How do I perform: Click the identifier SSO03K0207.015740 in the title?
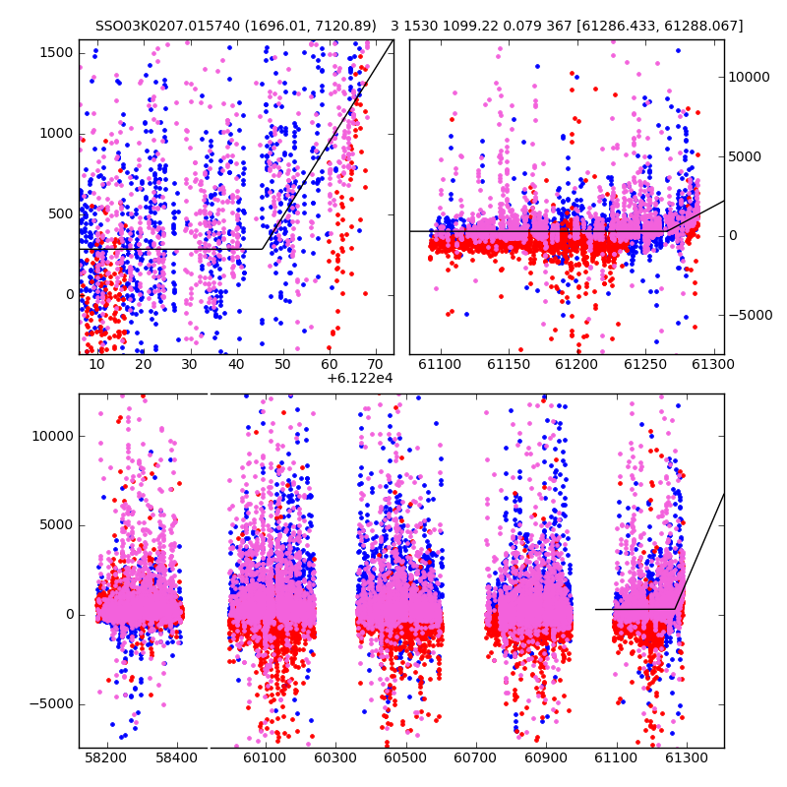pos(167,26)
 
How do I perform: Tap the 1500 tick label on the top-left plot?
pos(57,53)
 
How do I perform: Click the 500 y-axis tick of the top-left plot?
pos(61,214)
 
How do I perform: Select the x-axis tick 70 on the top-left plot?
pos(376,364)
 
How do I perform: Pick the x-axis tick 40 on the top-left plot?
pos(236,364)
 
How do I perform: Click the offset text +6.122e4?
pos(360,378)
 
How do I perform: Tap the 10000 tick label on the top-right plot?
pos(749,77)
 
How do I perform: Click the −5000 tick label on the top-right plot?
pos(751,315)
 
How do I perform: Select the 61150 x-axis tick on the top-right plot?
pos(509,364)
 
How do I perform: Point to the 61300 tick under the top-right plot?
pos(712,364)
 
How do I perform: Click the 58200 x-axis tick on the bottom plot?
pos(106,757)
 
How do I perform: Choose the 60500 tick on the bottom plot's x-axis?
pos(405,757)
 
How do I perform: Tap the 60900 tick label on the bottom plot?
pos(546,757)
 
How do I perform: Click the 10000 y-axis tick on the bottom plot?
pos(53,436)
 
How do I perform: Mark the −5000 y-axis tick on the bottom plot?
pos(51,704)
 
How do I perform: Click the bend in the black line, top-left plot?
pos(262,249)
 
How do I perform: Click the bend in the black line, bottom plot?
pos(675,609)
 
